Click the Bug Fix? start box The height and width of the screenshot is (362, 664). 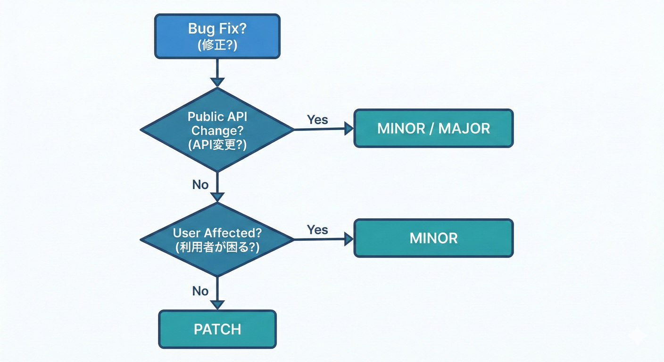coord(217,36)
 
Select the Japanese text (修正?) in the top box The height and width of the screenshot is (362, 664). coord(217,45)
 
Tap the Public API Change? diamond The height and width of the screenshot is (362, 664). coord(217,130)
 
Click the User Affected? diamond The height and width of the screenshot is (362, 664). coord(217,239)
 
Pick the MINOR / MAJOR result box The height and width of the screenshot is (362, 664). coord(433,128)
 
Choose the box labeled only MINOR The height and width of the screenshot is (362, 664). coord(433,238)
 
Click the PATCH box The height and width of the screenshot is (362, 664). coord(217,329)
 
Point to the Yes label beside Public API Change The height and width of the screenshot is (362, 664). coord(317,120)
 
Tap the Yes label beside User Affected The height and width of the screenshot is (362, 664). coord(317,230)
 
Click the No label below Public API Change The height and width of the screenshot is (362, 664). coord(200,184)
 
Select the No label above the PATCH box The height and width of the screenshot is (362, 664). coord(200,291)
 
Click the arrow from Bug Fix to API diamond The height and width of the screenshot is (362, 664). coord(217,73)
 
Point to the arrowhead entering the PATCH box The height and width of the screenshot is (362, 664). coord(217,305)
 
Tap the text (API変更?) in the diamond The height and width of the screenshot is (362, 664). coord(217,145)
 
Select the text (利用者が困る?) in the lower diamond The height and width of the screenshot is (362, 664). coord(217,247)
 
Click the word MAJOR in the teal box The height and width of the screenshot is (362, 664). coord(464,128)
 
